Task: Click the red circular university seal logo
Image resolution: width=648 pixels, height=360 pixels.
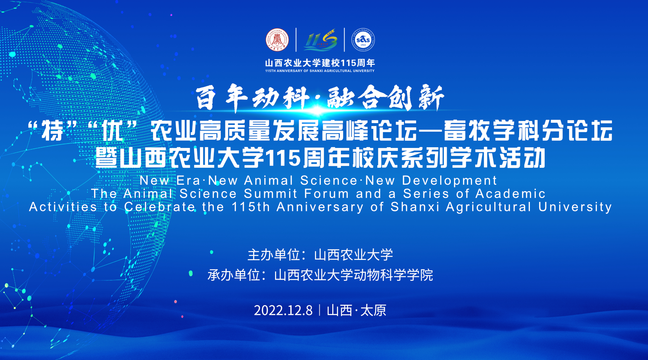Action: tap(277, 40)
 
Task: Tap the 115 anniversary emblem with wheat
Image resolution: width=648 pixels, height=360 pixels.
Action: tap(320, 40)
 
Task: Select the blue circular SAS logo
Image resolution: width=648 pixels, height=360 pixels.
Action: tap(363, 40)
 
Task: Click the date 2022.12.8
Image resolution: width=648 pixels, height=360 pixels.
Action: tap(283, 310)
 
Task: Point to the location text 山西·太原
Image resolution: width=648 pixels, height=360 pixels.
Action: tap(356, 310)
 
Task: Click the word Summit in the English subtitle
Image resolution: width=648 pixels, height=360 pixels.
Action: tap(271, 194)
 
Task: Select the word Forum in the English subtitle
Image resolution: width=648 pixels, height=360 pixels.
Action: tap(327, 194)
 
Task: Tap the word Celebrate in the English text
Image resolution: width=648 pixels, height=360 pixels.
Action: tap(160, 207)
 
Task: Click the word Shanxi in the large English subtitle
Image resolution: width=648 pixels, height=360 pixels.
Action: tap(415, 207)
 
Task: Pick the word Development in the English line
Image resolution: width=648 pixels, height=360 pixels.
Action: tap(449, 180)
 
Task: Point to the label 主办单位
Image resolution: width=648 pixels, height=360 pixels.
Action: tap(274, 255)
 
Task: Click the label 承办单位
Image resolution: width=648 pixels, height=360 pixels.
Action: tap(234, 275)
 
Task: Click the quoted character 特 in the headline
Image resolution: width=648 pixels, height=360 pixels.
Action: tap(53, 130)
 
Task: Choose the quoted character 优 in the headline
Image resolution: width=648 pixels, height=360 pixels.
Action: tap(113, 130)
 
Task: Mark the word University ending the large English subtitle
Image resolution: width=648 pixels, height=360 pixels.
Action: tap(575, 207)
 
